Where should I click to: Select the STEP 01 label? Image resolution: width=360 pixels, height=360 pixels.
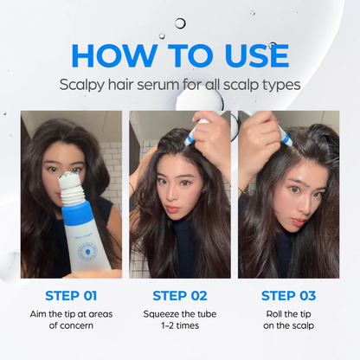click(71, 295)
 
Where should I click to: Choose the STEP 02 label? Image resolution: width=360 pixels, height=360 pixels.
click(180, 295)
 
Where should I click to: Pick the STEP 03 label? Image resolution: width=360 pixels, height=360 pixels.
click(288, 295)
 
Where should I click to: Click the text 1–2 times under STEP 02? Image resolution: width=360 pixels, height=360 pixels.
click(180, 326)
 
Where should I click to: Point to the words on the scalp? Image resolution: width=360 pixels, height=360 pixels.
click(288, 326)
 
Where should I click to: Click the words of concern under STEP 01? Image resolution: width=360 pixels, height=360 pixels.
click(71, 326)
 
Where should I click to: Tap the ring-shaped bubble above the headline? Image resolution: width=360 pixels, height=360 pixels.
click(180, 23)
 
